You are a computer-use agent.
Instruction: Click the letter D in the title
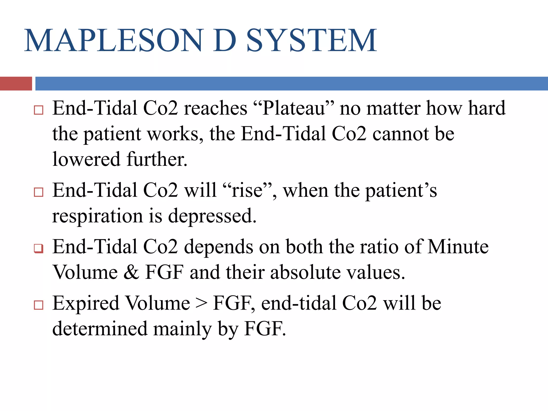coord(224,41)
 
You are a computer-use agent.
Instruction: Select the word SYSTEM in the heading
coord(311,41)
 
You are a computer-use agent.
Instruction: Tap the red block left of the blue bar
coord(16,83)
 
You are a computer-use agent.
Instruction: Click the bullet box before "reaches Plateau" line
coord(39,110)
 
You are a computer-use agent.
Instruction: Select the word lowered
coord(86,159)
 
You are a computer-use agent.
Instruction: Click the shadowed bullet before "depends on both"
coord(39,248)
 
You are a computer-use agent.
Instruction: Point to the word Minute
coord(458,246)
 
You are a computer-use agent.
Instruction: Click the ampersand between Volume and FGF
coord(131,272)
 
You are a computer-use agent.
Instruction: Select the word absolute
coord(305,272)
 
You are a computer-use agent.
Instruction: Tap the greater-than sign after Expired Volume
coord(201,304)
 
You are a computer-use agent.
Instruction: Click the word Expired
coord(86,303)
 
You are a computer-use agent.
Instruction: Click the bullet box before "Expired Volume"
coord(39,305)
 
